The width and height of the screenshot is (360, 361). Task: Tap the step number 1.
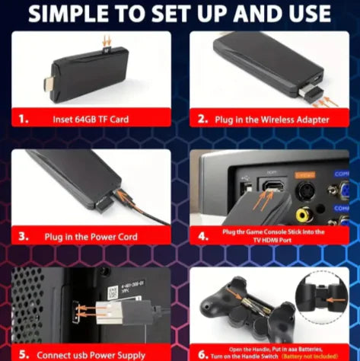coord(25,119)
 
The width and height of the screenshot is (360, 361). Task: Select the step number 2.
coord(202,119)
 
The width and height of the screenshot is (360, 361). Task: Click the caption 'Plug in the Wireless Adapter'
coord(271,119)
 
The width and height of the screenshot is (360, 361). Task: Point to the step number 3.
coord(25,237)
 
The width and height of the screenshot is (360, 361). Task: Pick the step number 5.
coord(25,354)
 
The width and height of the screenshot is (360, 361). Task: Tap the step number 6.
coord(202,353)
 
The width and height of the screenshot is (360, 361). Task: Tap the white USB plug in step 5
coord(103,312)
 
